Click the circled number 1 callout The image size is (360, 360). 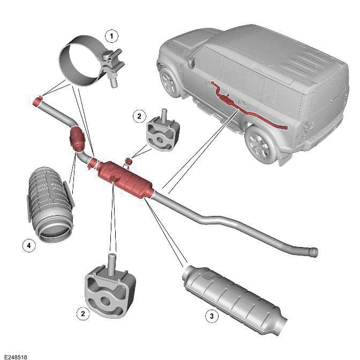point(111,36)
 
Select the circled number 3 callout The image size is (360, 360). point(212,316)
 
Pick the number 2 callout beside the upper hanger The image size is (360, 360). point(139,116)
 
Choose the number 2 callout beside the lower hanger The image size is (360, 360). point(82,314)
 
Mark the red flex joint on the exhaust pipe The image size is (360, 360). point(78,140)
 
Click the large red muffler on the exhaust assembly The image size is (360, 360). point(126,179)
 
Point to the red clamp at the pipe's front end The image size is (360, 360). point(38,101)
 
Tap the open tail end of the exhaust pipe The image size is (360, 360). point(314,251)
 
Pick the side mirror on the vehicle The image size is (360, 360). point(191,64)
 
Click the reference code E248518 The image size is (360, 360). point(15,356)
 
